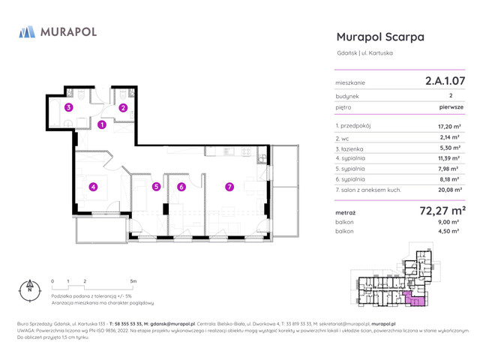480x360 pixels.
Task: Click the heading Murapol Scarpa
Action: tap(380, 37)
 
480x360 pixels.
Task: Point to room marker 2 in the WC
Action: tap(123, 108)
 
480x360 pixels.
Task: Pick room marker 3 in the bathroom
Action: tap(68, 108)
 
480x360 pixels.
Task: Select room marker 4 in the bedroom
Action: tap(93, 187)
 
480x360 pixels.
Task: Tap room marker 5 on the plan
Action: tap(156, 187)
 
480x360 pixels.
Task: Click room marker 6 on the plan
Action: tap(181, 187)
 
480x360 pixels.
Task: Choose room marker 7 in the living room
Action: tap(229, 187)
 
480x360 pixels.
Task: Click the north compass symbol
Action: tap(30, 289)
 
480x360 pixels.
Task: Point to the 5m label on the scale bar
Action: tap(133, 281)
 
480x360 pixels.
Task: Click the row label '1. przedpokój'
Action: tap(353, 127)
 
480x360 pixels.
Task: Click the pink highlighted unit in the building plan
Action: tap(415, 300)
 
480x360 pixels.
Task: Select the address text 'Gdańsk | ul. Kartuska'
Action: tap(365, 52)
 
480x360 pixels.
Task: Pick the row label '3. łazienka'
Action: tap(350, 148)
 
